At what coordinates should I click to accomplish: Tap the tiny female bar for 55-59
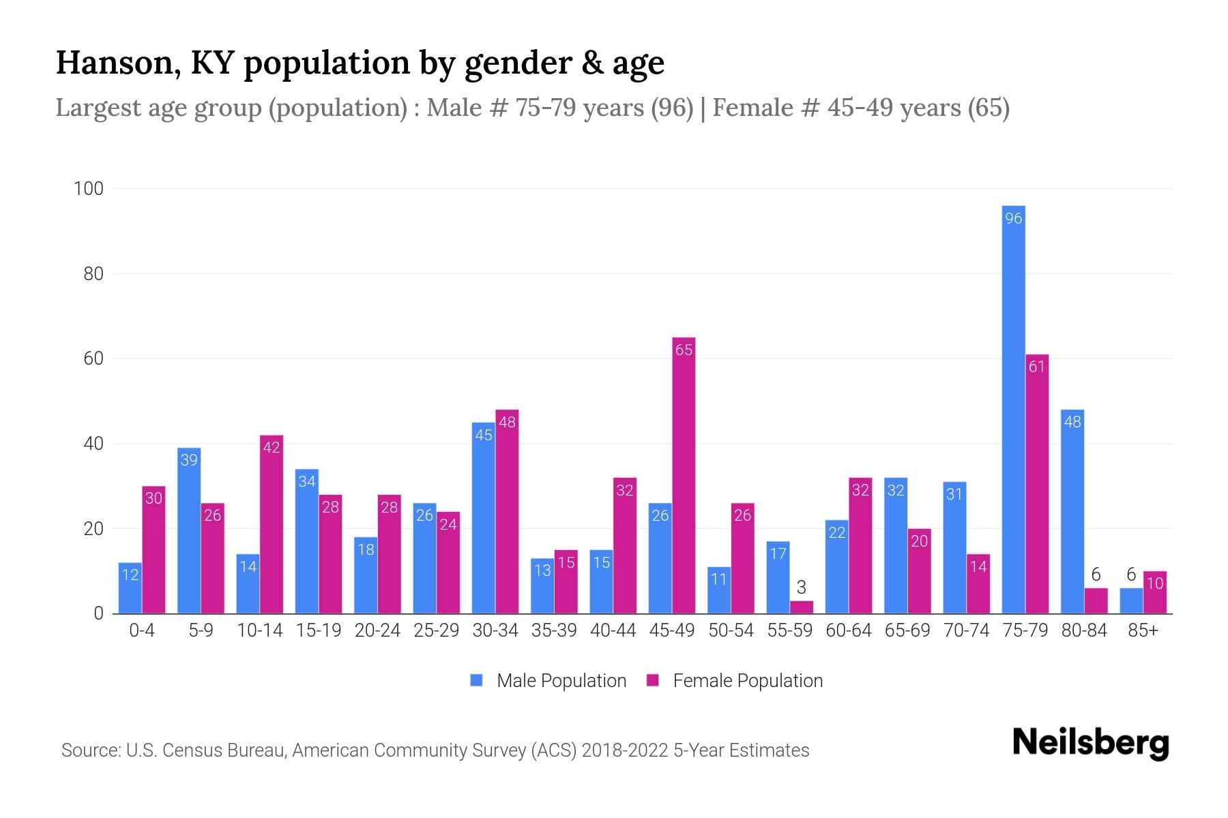[802, 607]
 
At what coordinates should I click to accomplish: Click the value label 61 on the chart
[1036, 367]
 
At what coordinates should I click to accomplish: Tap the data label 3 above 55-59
[802, 587]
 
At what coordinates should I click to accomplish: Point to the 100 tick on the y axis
[89, 189]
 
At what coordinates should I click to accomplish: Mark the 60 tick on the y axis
[93, 359]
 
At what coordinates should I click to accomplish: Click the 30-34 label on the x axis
[495, 631]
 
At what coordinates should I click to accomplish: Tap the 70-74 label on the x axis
[966, 631]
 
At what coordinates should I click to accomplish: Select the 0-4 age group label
[142, 631]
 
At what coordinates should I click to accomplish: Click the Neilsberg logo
[1090, 743]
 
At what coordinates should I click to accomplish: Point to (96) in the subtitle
[671, 108]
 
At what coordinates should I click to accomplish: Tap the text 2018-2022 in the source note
[624, 751]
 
